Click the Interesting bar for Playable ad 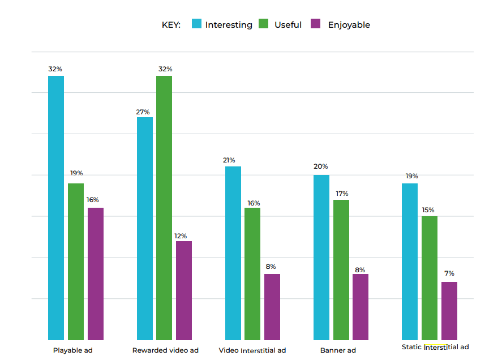click(56, 207)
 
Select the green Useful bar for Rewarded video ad click(164, 207)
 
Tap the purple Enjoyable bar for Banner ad click(361, 307)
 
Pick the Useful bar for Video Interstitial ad click(252, 273)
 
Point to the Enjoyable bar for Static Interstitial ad click(449, 311)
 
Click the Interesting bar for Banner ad click(321, 257)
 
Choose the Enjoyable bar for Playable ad click(96, 273)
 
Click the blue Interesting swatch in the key click(197, 24)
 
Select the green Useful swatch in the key click(264, 24)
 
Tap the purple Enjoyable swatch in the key click(317, 24)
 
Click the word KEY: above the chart click(171, 25)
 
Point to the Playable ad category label click(72, 350)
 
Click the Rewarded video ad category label click(165, 350)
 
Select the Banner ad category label click(338, 350)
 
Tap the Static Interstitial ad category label click(435, 347)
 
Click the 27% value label click(143, 112)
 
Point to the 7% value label click(449, 273)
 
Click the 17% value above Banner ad click(341, 194)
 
